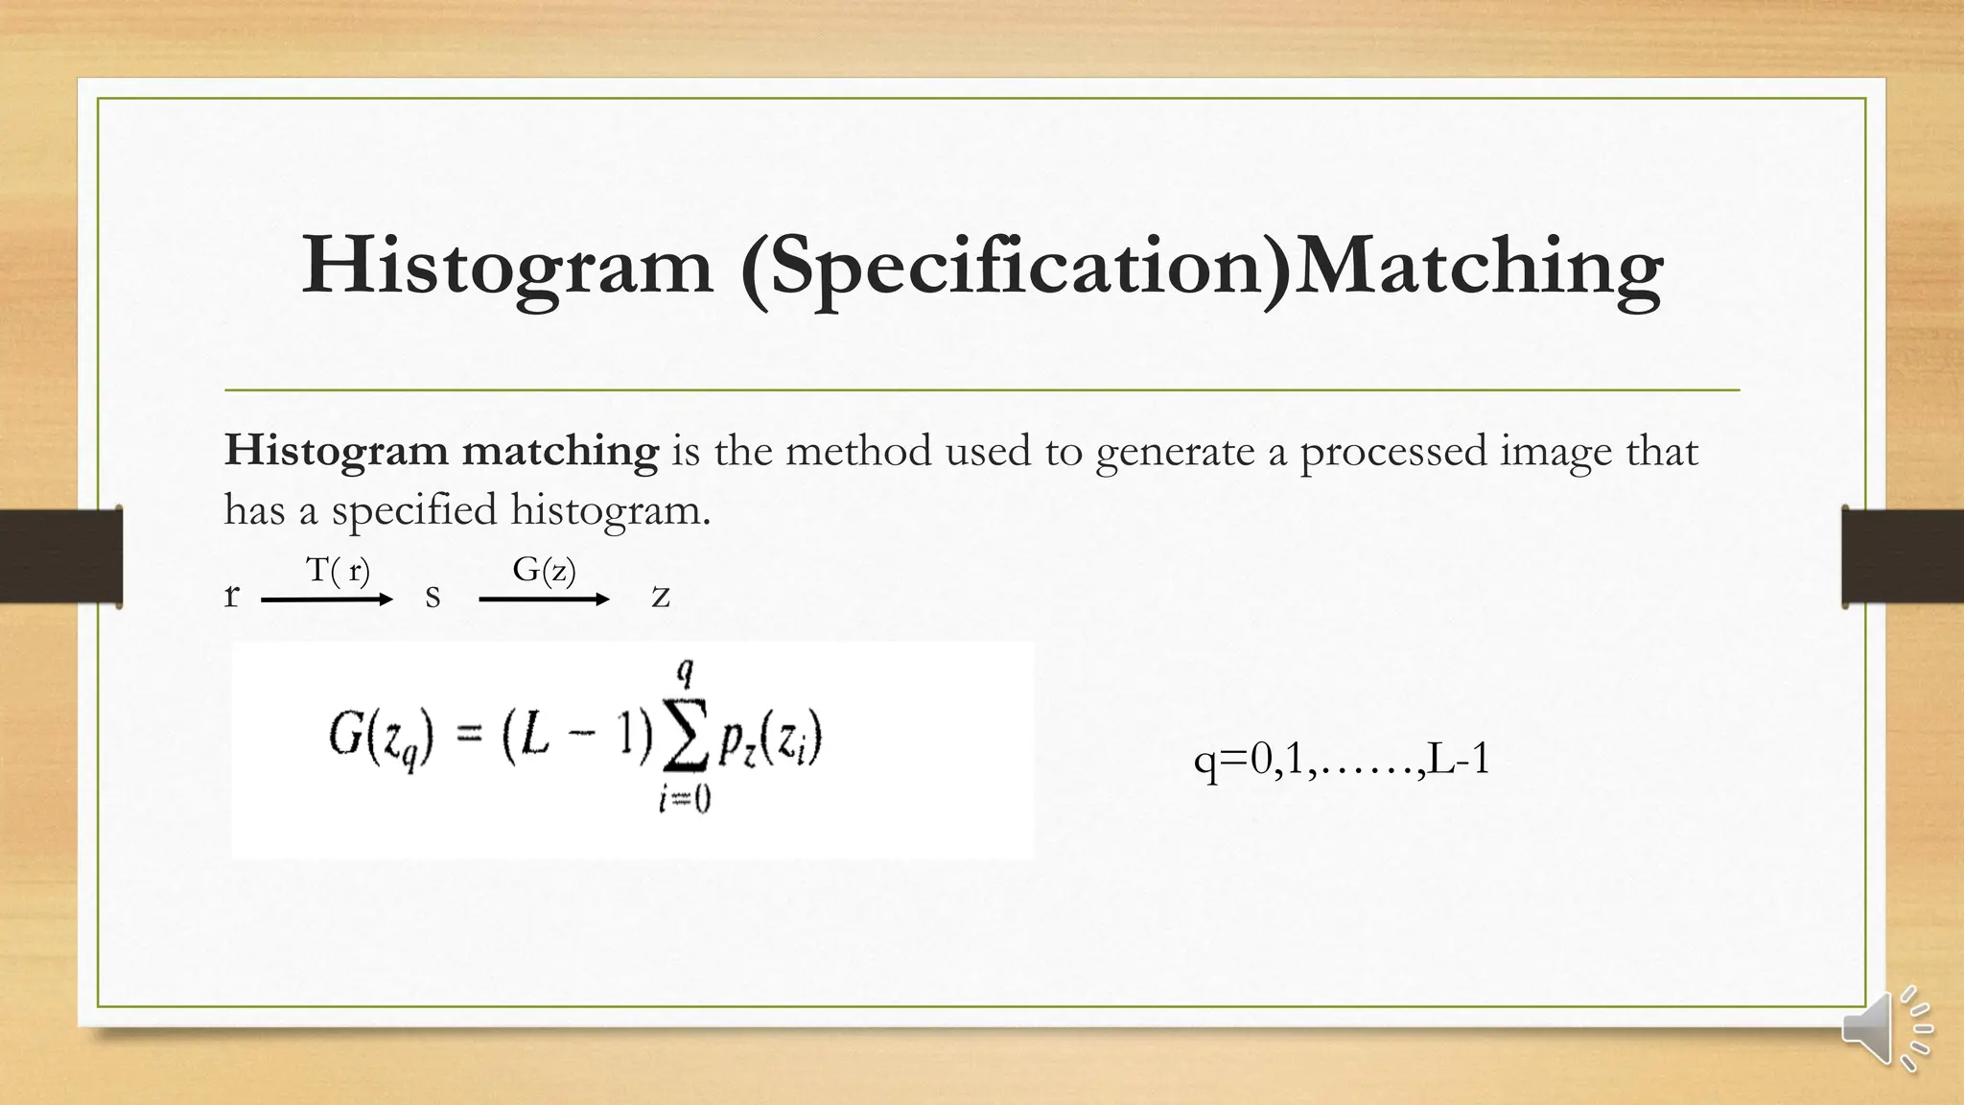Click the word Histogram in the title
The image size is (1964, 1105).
click(x=507, y=266)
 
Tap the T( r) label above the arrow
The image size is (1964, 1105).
click(x=338, y=571)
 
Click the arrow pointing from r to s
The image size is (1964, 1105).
click(x=327, y=600)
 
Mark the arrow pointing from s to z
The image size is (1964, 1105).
click(x=544, y=600)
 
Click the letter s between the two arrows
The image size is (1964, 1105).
click(x=433, y=597)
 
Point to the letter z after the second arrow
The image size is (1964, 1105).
click(x=660, y=597)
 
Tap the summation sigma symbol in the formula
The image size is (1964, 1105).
click(x=685, y=741)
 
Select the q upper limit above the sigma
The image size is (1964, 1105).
click(x=685, y=673)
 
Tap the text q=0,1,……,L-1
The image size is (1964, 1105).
click(x=1342, y=760)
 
